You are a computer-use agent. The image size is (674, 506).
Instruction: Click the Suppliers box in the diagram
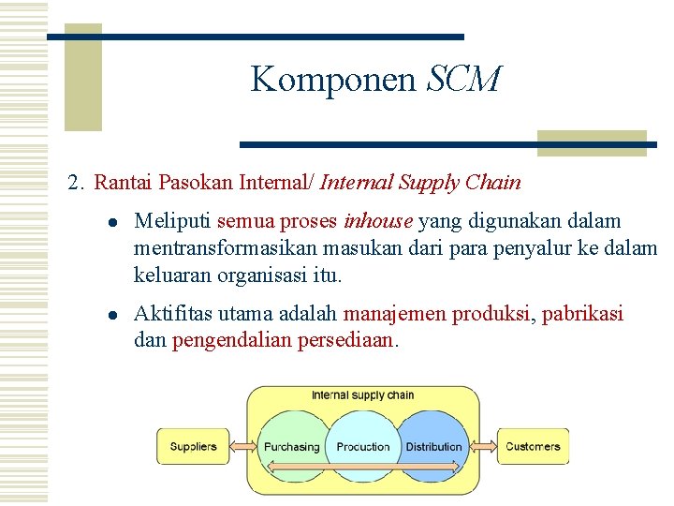pyautogui.click(x=192, y=446)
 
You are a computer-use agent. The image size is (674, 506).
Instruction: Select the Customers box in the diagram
pyautogui.click(x=533, y=446)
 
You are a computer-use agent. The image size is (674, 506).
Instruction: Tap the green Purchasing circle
pyautogui.click(x=291, y=440)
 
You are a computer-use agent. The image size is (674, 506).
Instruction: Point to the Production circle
pyautogui.click(x=362, y=440)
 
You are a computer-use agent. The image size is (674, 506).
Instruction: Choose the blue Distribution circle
pyautogui.click(x=434, y=440)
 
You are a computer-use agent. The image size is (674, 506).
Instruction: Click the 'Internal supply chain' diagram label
pyautogui.click(x=362, y=395)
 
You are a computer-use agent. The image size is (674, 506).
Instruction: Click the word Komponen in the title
pyautogui.click(x=333, y=81)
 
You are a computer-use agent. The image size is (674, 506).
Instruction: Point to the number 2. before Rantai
pyautogui.click(x=77, y=182)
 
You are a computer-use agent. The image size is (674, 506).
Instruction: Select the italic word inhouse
pyautogui.click(x=378, y=221)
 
